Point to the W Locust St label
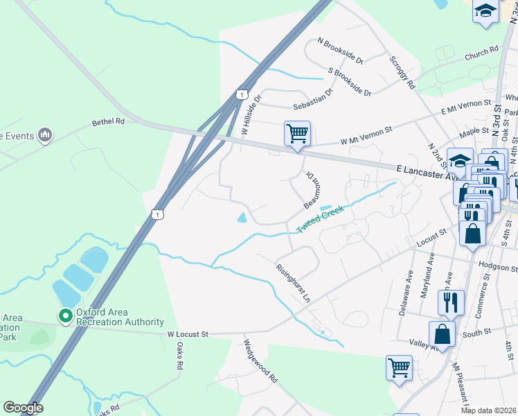coord(188,334)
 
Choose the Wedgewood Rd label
coord(260,361)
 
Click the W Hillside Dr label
coord(250,115)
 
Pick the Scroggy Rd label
coord(402,73)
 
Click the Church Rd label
coord(482,50)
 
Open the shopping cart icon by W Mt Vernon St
coord(297,132)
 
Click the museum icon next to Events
coord(46,135)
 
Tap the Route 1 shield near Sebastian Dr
coord(240,94)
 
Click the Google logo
coord(22,408)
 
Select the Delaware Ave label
coord(406,293)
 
